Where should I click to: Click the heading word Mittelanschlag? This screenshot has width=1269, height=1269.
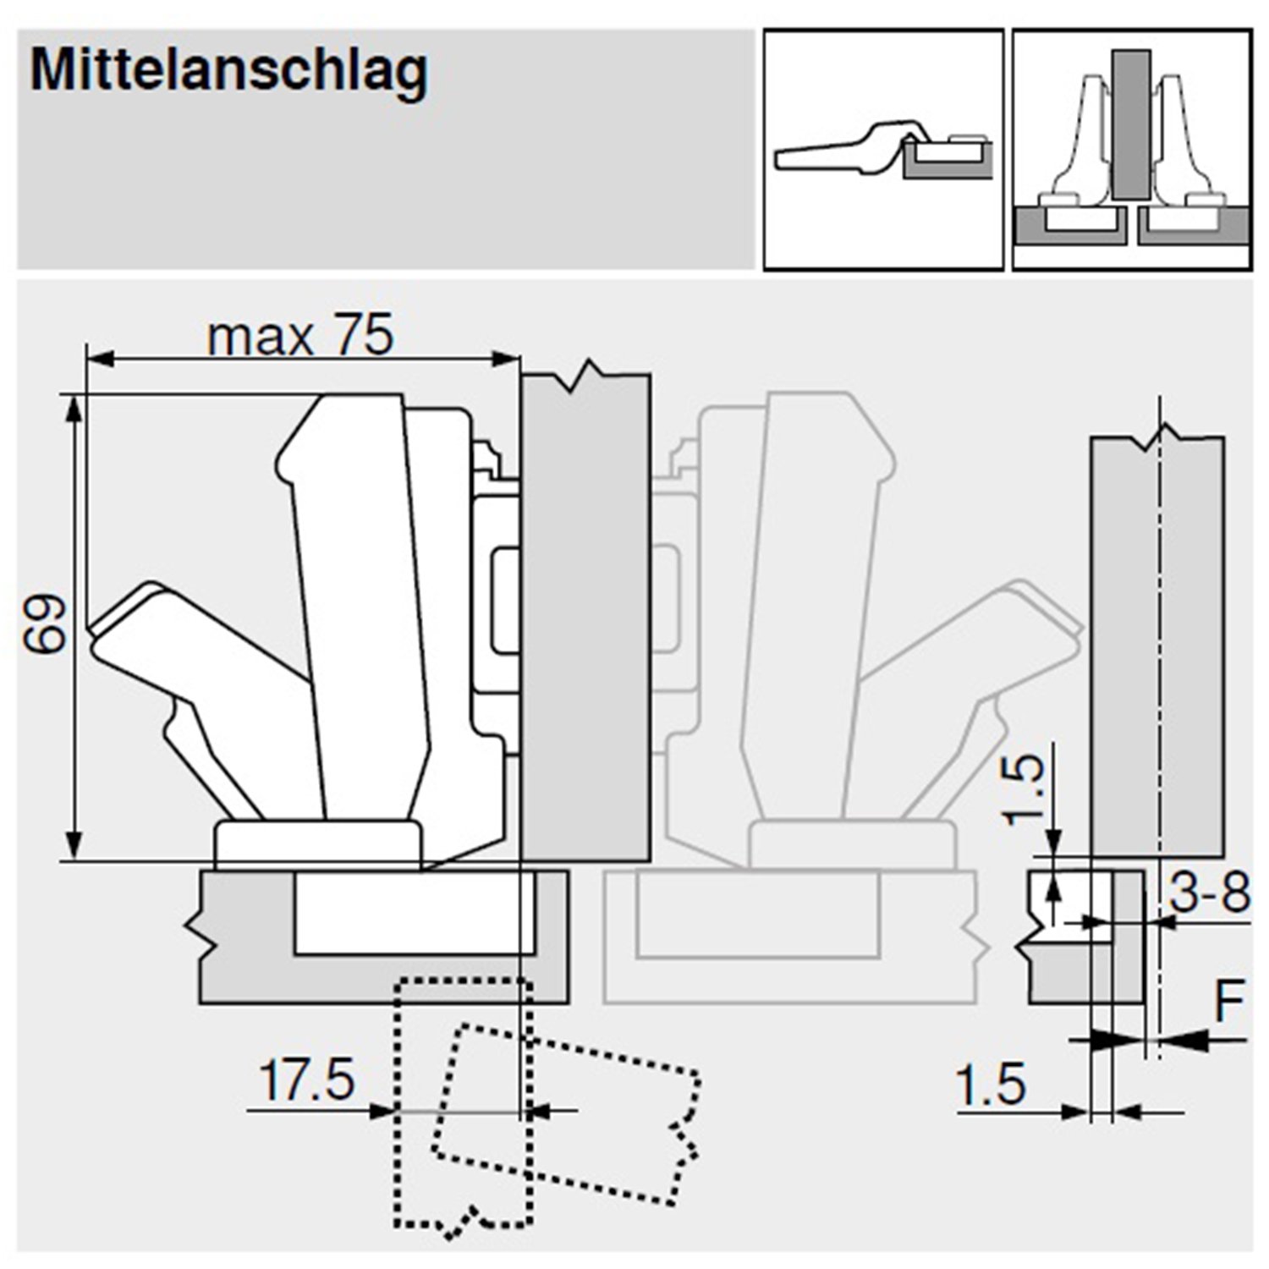point(229,71)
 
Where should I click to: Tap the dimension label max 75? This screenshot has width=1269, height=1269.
point(300,336)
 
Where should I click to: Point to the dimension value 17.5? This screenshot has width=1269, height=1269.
point(306,1080)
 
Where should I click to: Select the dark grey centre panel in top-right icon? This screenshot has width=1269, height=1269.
point(1130,124)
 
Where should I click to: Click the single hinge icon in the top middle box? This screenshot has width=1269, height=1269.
point(883,152)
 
